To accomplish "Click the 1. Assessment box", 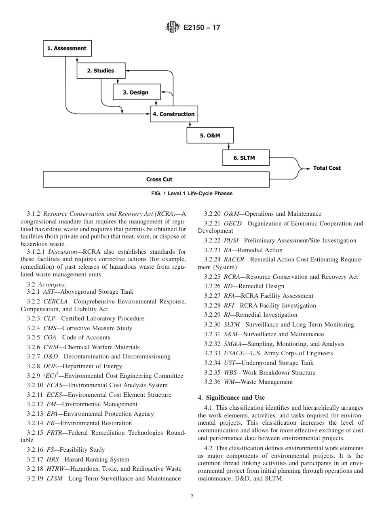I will (x=67, y=48).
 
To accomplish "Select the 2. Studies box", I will (x=101, y=71).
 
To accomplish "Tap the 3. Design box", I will (x=136, y=93).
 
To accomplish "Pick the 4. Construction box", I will (x=174, y=114).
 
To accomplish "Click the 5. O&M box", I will (x=210, y=136).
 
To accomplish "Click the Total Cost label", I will (x=327, y=168).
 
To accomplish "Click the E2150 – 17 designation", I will (x=202, y=28).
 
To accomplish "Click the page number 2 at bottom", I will (x=192, y=497).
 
